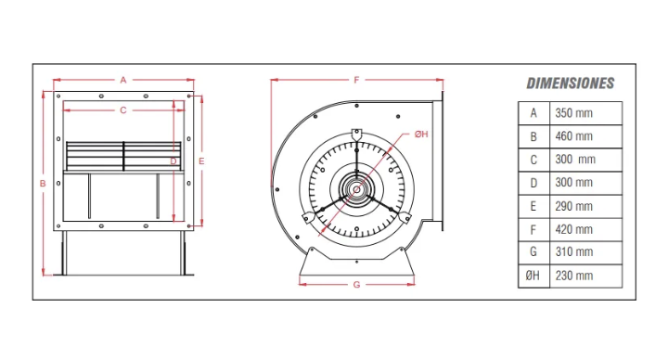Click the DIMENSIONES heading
[x=570, y=84]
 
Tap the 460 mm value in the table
[x=573, y=136]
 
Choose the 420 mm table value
[x=573, y=229]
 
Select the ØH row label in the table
[x=533, y=276]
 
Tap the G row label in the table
[x=533, y=251]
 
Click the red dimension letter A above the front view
[x=123, y=80]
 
